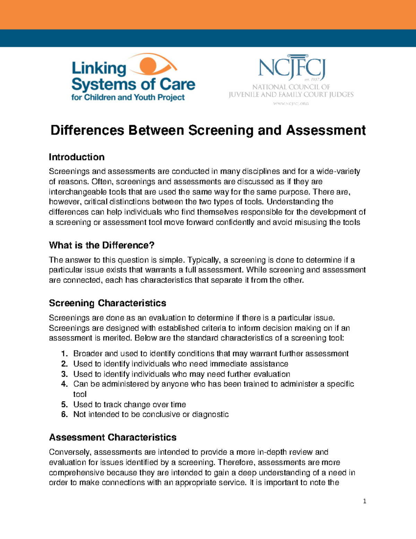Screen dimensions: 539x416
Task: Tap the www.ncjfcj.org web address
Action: pos(291,103)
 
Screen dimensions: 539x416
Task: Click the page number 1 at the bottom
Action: pos(364,501)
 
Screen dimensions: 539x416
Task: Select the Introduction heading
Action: pos(77,157)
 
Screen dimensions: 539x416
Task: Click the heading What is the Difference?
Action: pos(102,245)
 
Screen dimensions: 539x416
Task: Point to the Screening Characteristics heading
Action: pos(107,303)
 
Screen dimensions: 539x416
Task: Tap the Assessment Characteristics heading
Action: pos(113,437)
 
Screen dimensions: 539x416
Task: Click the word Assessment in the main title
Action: pos(326,130)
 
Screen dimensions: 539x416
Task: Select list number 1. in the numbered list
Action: pos(64,354)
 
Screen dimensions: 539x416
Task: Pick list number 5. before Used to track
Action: pos(64,404)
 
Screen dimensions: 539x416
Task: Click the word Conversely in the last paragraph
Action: pos(70,452)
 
